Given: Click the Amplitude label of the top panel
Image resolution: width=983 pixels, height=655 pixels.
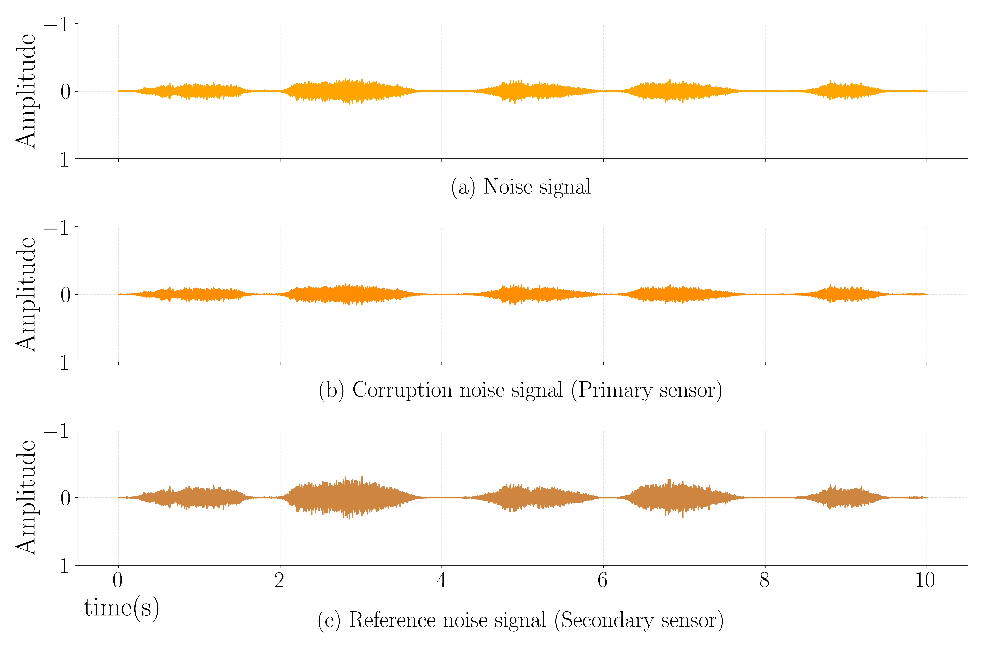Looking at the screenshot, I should pyautogui.click(x=26, y=91).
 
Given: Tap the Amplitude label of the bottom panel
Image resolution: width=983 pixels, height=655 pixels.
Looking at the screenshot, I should pyautogui.click(x=26, y=497).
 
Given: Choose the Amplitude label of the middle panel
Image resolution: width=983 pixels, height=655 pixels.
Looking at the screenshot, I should pyautogui.click(x=26, y=295).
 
